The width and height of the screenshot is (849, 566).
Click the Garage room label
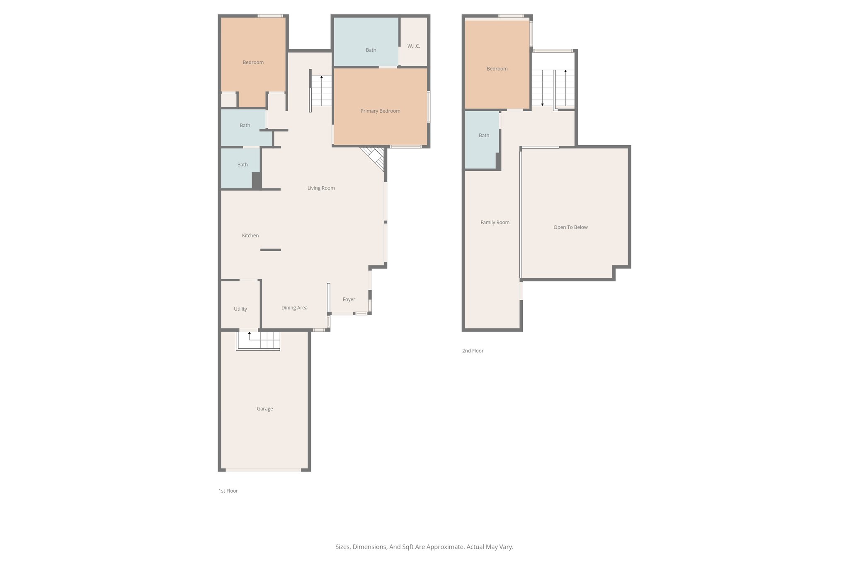[x=264, y=409]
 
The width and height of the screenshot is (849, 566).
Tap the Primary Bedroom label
[x=380, y=111]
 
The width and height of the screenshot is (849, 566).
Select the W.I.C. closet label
[x=413, y=46]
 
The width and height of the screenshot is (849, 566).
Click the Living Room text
[x=321, y=188]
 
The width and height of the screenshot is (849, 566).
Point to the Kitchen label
[x=250, y=236]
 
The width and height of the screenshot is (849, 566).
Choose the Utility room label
[x=240, y=309]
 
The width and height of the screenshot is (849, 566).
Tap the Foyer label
[x=349, y=299]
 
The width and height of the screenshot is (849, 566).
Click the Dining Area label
[x=294, y=308]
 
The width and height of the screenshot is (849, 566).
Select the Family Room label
[x=495, y=223]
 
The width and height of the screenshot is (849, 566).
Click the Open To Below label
[x=570, y=227]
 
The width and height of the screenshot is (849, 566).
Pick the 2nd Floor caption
[x=473, y=351]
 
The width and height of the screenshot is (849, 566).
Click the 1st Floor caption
[x=228, y=491]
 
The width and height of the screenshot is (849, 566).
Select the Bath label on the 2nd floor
[x=484, y=136]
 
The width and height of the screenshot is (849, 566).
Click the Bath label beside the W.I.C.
[x=371, y=50]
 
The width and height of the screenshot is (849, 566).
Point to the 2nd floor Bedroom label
[x=497, y=69]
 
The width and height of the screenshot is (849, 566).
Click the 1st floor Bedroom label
[x=253, y=63]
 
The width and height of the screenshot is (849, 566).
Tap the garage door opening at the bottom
[x=263, y=470]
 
